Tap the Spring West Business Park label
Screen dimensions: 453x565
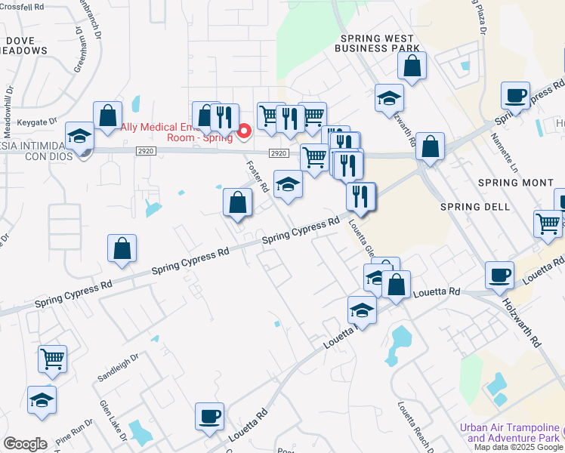coord(379,43)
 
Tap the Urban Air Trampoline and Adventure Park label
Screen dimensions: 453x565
coord(510,433)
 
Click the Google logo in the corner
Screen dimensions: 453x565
coord(25,444)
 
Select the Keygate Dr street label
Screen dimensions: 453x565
coord(37,121)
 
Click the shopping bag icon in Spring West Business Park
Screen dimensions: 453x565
coord(412,66)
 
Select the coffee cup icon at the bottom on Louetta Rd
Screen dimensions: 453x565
coord(209,415)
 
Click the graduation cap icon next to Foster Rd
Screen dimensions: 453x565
coord(287,186)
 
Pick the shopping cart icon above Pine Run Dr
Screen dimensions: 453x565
coord(52,359)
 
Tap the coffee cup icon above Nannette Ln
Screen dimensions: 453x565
coord(515,96)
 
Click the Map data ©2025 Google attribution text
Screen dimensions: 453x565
coord(517,447)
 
